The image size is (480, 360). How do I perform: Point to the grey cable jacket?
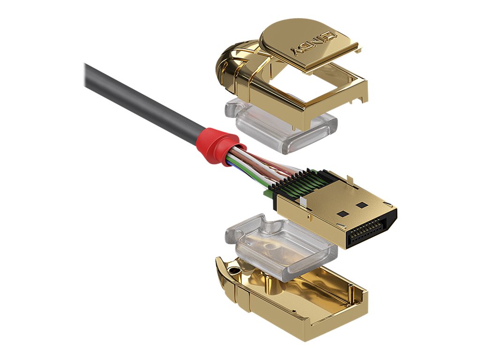click(141, 98)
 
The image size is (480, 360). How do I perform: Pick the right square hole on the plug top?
click(361, 205)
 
